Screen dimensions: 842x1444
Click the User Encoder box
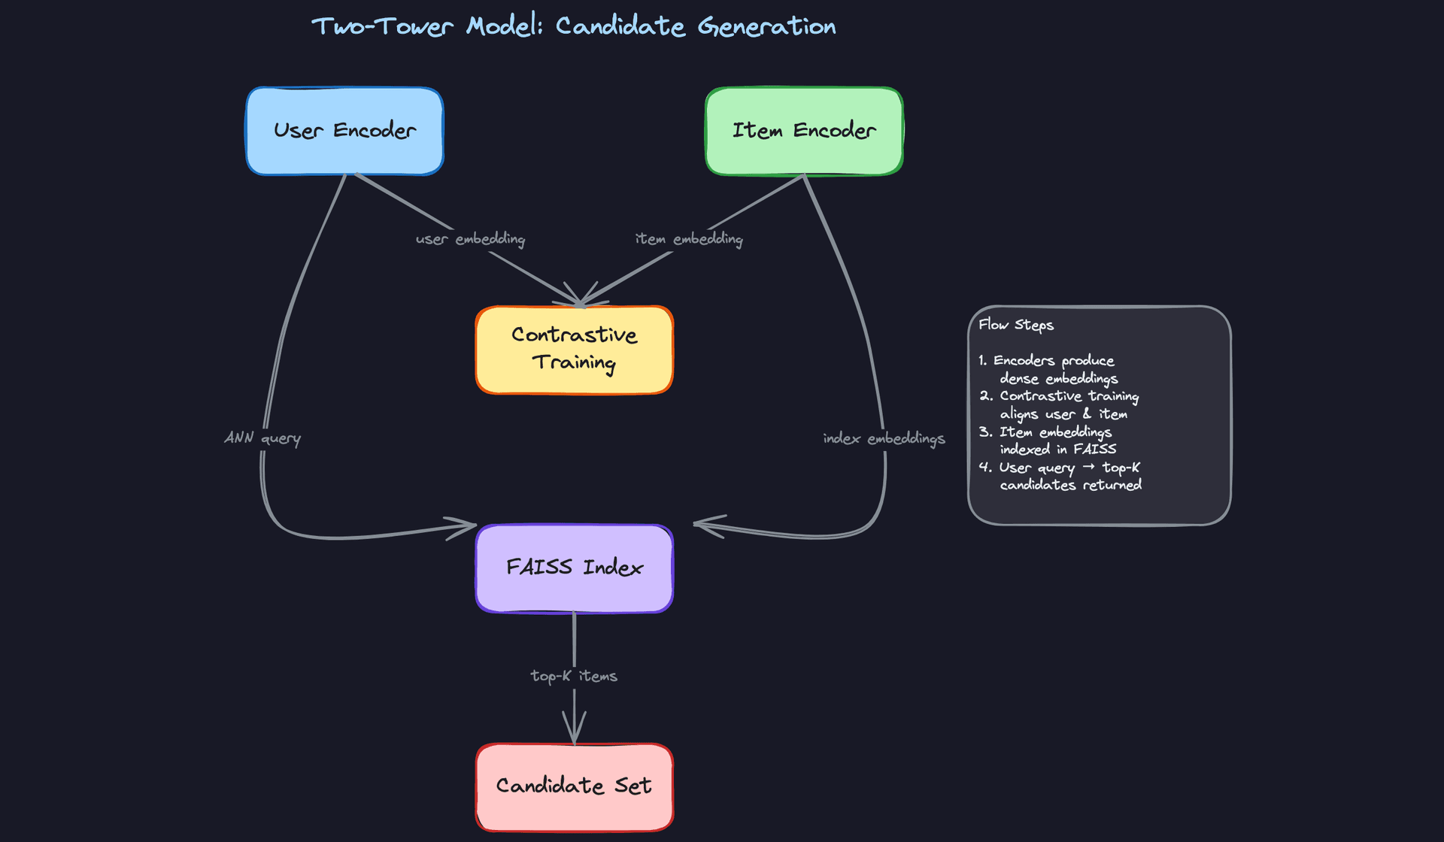coord(344,131)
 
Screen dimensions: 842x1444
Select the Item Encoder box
coord(803,131)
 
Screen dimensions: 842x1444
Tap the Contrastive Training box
coord(574,349)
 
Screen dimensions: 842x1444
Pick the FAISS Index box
coord(574,568)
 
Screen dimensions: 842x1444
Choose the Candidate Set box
coord(574,786)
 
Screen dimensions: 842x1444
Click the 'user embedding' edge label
coord(470,239)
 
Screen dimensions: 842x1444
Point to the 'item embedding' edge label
coord(689,239)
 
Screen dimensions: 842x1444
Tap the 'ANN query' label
coord(262,438)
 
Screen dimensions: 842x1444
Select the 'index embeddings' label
coord(884,438)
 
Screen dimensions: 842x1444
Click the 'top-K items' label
coord(574,676)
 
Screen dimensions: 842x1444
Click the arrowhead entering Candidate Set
coord(574,733)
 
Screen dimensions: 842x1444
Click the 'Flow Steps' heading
coord(1016,325)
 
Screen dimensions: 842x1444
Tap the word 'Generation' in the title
coord(766,26)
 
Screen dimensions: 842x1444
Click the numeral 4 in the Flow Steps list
coord(984,467)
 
